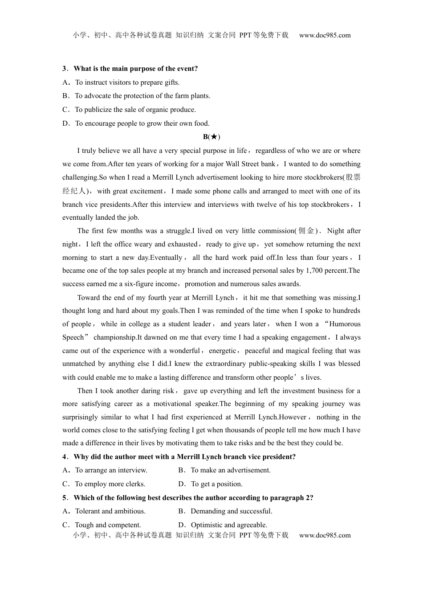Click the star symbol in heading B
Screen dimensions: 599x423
[213, 137]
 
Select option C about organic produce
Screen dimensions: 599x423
[135, 110]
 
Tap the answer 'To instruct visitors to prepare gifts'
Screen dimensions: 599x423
[127, 82]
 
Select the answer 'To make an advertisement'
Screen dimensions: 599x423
[230, 470]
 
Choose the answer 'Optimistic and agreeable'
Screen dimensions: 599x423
[229, 525]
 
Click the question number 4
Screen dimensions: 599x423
[65, 457]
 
